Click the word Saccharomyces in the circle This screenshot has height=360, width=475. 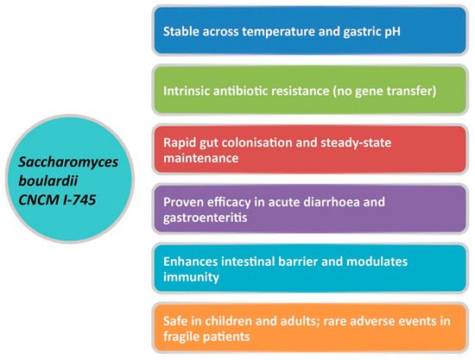tap(68, 162)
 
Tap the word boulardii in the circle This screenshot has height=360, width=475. tap(48, 180)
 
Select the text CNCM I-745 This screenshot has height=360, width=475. tap(57, 199)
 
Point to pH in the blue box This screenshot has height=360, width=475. tap(392, 32)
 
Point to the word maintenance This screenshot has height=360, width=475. tap(201, 158)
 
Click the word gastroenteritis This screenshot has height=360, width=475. tap(205, 218)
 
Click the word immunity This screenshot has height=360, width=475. tap(191, 277)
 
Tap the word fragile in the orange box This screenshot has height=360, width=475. tap(180, 337)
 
